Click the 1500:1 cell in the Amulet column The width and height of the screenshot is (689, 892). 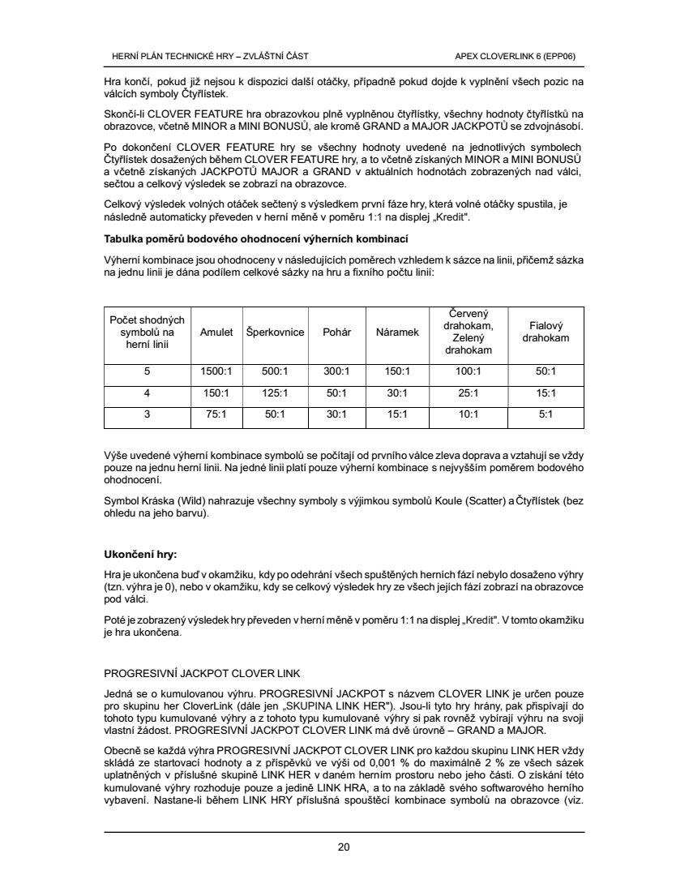(x=216, y=371)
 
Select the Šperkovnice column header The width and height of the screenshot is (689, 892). (x=275, y=332)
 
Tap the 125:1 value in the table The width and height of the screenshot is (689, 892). (x=275, y=393)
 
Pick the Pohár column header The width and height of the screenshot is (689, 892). (x=336, y=332)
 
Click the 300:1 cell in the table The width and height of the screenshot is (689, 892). (x=336, y=371)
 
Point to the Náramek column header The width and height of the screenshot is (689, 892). (x=397, y=332)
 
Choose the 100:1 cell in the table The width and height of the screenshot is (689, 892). (x=469, y=371)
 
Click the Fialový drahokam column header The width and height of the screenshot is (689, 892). (x=546, y=332)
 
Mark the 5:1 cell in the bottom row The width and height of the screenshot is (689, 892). (x=546, y=414)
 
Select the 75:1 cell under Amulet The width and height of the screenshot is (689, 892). (x=216, y=414)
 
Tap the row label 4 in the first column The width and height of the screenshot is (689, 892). (x=147, y=393)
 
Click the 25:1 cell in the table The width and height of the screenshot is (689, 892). (x=469, y=393)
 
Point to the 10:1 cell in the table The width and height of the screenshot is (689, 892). (x=469, y=414)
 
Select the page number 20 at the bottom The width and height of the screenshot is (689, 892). (x=344, y=847)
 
